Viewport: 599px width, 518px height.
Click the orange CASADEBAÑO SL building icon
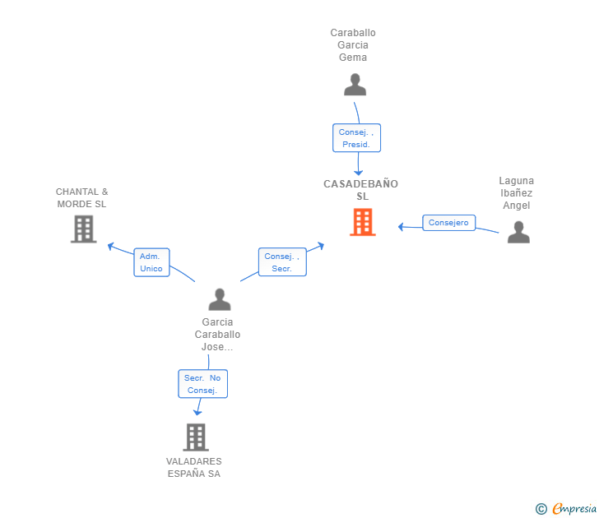pos(363,222)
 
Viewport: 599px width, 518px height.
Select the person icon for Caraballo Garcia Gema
pos(355,85)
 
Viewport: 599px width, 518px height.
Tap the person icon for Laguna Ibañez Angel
pos(518,232)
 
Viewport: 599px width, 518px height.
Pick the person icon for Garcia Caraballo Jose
pos(220,299)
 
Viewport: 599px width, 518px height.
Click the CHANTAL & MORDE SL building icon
pos(84,229)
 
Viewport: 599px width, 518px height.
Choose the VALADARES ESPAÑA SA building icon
pos(196,437)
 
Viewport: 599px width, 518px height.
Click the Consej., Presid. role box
pos(356,138)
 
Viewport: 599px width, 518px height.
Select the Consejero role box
pos(449,223)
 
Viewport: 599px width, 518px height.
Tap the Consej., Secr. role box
pos(282,261)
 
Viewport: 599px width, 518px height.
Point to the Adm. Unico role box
pos(151,262)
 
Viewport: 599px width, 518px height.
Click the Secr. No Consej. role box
pos(203,384)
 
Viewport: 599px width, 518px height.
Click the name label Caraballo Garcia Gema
pos(353,45)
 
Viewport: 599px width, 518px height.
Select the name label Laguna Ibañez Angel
pos(517,192)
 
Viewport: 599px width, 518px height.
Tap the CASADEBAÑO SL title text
pos(361,190)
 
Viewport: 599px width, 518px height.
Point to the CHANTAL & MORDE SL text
pos(81,197)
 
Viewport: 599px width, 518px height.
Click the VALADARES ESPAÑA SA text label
pos(194,467)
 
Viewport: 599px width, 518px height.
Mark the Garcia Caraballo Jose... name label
pos(217,335)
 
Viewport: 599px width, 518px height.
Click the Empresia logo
pos(566,508)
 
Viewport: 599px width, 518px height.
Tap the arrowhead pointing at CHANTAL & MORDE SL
pos(110,246)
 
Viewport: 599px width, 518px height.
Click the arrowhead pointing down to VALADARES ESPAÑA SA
pos(197,412)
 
